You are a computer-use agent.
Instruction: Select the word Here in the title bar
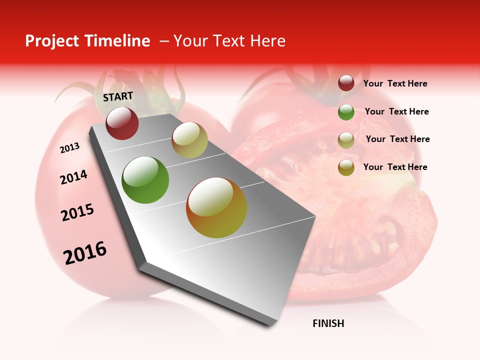coord(267,41)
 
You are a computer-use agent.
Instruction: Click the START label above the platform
coord(118,96)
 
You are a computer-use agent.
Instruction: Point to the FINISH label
coord(328,323)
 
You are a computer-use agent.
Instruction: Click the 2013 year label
coord(70,148)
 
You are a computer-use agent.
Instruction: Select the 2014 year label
coord(74,177)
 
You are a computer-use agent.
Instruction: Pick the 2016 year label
coord(85,253)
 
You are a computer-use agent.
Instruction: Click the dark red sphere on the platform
coord(122,123)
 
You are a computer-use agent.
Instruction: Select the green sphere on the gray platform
coord(145,180)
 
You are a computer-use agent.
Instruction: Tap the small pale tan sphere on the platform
coord(189,140)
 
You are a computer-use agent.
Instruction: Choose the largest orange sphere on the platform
coord(216,207)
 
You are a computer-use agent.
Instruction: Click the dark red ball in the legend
coord(346,83)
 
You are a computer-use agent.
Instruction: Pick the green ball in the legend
coord(346,112)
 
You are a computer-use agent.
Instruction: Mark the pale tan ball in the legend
coord(346,140)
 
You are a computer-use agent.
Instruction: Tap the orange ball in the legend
coord(346,167)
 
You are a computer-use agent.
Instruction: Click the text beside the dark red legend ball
coord(395,83)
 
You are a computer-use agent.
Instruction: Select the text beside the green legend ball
coord(396,111)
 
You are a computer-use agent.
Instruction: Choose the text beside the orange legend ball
coord(395,167)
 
